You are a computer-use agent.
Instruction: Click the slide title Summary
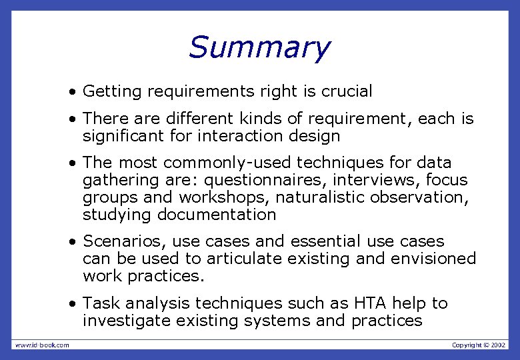259,47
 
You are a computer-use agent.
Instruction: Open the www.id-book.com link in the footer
42,345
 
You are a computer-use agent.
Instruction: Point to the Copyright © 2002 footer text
479,345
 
